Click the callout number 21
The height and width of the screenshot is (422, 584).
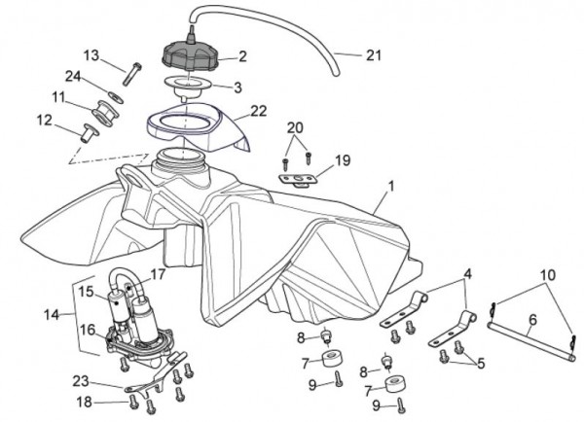pos(373,55)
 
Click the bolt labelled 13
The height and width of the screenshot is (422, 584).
pos(133,67)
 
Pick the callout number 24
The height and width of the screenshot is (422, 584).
pos(72,76)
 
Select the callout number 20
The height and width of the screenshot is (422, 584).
pos(295,126)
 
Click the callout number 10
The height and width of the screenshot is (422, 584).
pos(547,276)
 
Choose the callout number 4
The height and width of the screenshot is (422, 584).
pos(467,274)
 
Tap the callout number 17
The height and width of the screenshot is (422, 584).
pos(159,276)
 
